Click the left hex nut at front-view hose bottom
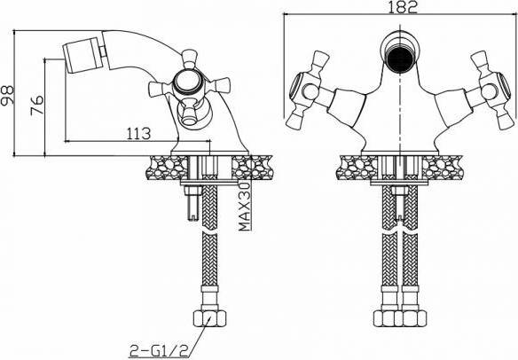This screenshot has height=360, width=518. coord(388,319)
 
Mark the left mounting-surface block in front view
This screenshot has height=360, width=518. coord(359,168)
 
